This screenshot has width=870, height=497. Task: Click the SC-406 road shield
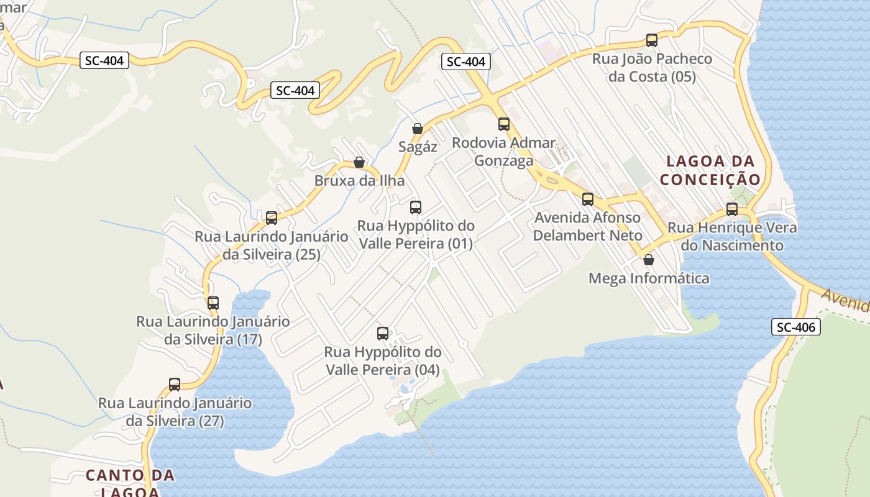[796, 326]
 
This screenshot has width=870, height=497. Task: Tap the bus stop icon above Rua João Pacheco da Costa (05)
[652, 40]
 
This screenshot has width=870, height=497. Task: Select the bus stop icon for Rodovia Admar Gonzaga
[504, 124]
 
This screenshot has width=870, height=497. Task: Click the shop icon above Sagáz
[418, 129]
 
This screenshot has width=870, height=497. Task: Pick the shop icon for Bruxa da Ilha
[359, 162]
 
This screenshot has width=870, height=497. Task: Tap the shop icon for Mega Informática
[649, 259]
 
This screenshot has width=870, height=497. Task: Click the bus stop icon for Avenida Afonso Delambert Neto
[588, 199]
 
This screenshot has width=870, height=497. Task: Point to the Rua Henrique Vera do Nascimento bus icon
[732, 209]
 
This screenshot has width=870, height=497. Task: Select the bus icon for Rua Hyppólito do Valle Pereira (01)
[416, 207]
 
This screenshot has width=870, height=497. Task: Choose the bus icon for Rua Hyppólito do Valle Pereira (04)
[383, 334]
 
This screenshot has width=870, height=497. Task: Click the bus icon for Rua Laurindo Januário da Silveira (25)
[272, 218]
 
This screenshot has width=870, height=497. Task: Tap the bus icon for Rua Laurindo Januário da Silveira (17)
[213, 303]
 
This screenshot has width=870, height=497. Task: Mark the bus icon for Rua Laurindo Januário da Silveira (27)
[175, 385]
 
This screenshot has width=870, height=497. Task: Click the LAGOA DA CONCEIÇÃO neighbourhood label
[710, 170]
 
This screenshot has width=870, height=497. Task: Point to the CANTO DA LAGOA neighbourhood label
[130, 483]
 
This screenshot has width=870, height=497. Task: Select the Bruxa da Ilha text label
[359, 181]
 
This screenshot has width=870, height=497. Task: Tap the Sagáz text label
[418, 147]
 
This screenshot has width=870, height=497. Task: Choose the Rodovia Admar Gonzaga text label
[504, 152]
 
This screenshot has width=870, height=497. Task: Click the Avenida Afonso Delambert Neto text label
[588, 227]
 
